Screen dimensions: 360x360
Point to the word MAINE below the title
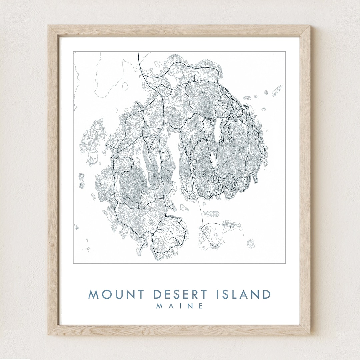[x=180, y=306]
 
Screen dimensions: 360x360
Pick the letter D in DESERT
[x=158, y=295]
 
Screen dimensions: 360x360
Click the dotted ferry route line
[x=201, y=213]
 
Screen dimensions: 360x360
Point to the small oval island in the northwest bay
[x=125, y=86]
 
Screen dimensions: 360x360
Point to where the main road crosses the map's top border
[x=138, y=52]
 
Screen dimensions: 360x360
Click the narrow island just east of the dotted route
[x=209, y=213]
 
